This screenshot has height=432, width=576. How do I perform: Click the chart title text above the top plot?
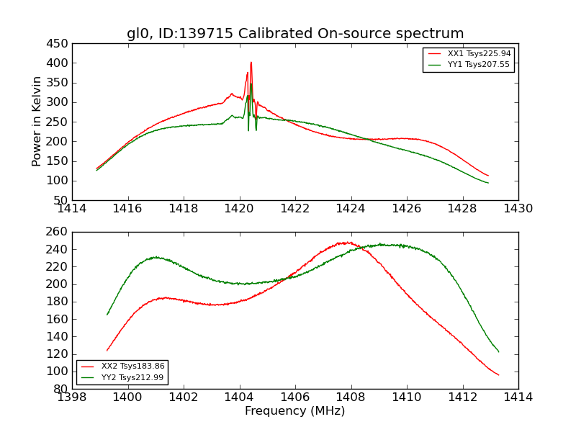pyautogui.click(x=295, y=34)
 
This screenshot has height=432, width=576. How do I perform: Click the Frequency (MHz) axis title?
pyautogui.click(x=295, y=411)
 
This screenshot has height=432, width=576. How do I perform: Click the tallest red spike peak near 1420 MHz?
pyautogui.click(x=251, y=63)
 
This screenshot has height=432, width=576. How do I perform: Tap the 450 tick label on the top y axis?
pyautogui.click(x=59, y=43)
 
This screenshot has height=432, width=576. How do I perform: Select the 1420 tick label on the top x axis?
pyautogui.click(x=240, y=209)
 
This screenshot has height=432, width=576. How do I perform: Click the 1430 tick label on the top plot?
pyautogui.click(x=518, y=209)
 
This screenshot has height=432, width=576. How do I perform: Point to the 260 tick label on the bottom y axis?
pyautogui.click(x=59, y=232)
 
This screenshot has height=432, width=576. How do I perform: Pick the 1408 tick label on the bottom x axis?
pyautogui.click(x=351, y=397)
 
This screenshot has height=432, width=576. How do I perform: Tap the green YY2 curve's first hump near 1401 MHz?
pyautogui.click(x=156, y=257)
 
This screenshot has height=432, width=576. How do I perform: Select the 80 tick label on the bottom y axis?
pyautogui.click(x=62, y=389)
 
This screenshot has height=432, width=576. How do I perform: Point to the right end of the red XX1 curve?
pyautogui.click(x=488, y=176)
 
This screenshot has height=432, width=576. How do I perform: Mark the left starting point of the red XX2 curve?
pyautogui.click(x=107, y=351)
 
